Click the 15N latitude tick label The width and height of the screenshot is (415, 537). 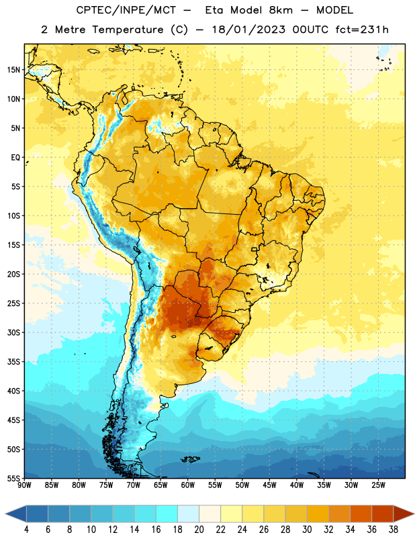(13, 70)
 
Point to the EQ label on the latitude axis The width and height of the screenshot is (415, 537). (15, 158)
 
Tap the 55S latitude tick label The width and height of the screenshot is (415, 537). (13, 478)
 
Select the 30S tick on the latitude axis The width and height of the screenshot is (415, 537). (13, 332)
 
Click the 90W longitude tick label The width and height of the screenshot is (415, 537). (24, 485)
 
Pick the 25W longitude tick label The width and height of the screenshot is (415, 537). (378, 485)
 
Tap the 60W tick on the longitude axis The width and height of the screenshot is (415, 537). (188, 485)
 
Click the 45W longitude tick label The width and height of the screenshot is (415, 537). (270, 485)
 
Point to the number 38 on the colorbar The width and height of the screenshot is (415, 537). (393, 530)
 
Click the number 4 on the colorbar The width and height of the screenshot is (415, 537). (26, 530)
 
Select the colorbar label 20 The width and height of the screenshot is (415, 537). (199, 530)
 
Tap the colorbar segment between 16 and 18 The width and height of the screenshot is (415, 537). (167, 514)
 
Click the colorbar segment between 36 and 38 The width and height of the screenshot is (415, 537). (383, 514)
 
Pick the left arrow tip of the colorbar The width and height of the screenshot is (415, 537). (5, 514)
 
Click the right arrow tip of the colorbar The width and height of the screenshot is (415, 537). (414, 514)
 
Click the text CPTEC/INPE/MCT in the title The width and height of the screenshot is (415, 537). (126, 10)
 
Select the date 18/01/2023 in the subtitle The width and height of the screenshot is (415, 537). (248, 30)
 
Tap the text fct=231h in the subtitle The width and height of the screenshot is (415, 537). (362, 30)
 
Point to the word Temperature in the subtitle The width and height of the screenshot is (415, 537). (128, 30)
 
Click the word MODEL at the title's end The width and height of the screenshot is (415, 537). (334, 10)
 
